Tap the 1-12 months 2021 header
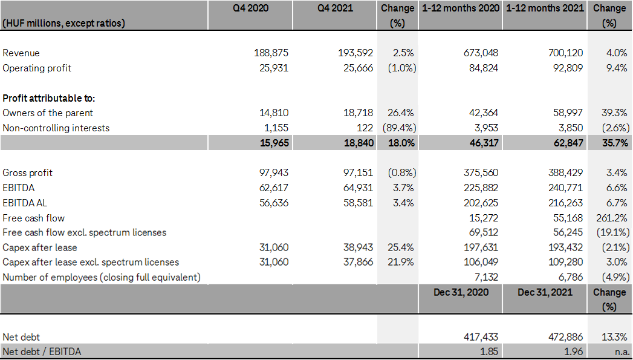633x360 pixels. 545,8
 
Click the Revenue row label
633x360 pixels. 21,53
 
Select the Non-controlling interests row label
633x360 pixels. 56,128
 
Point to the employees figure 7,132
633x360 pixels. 485,277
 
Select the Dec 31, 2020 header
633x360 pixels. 461,292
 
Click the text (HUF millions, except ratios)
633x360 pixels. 63,23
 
